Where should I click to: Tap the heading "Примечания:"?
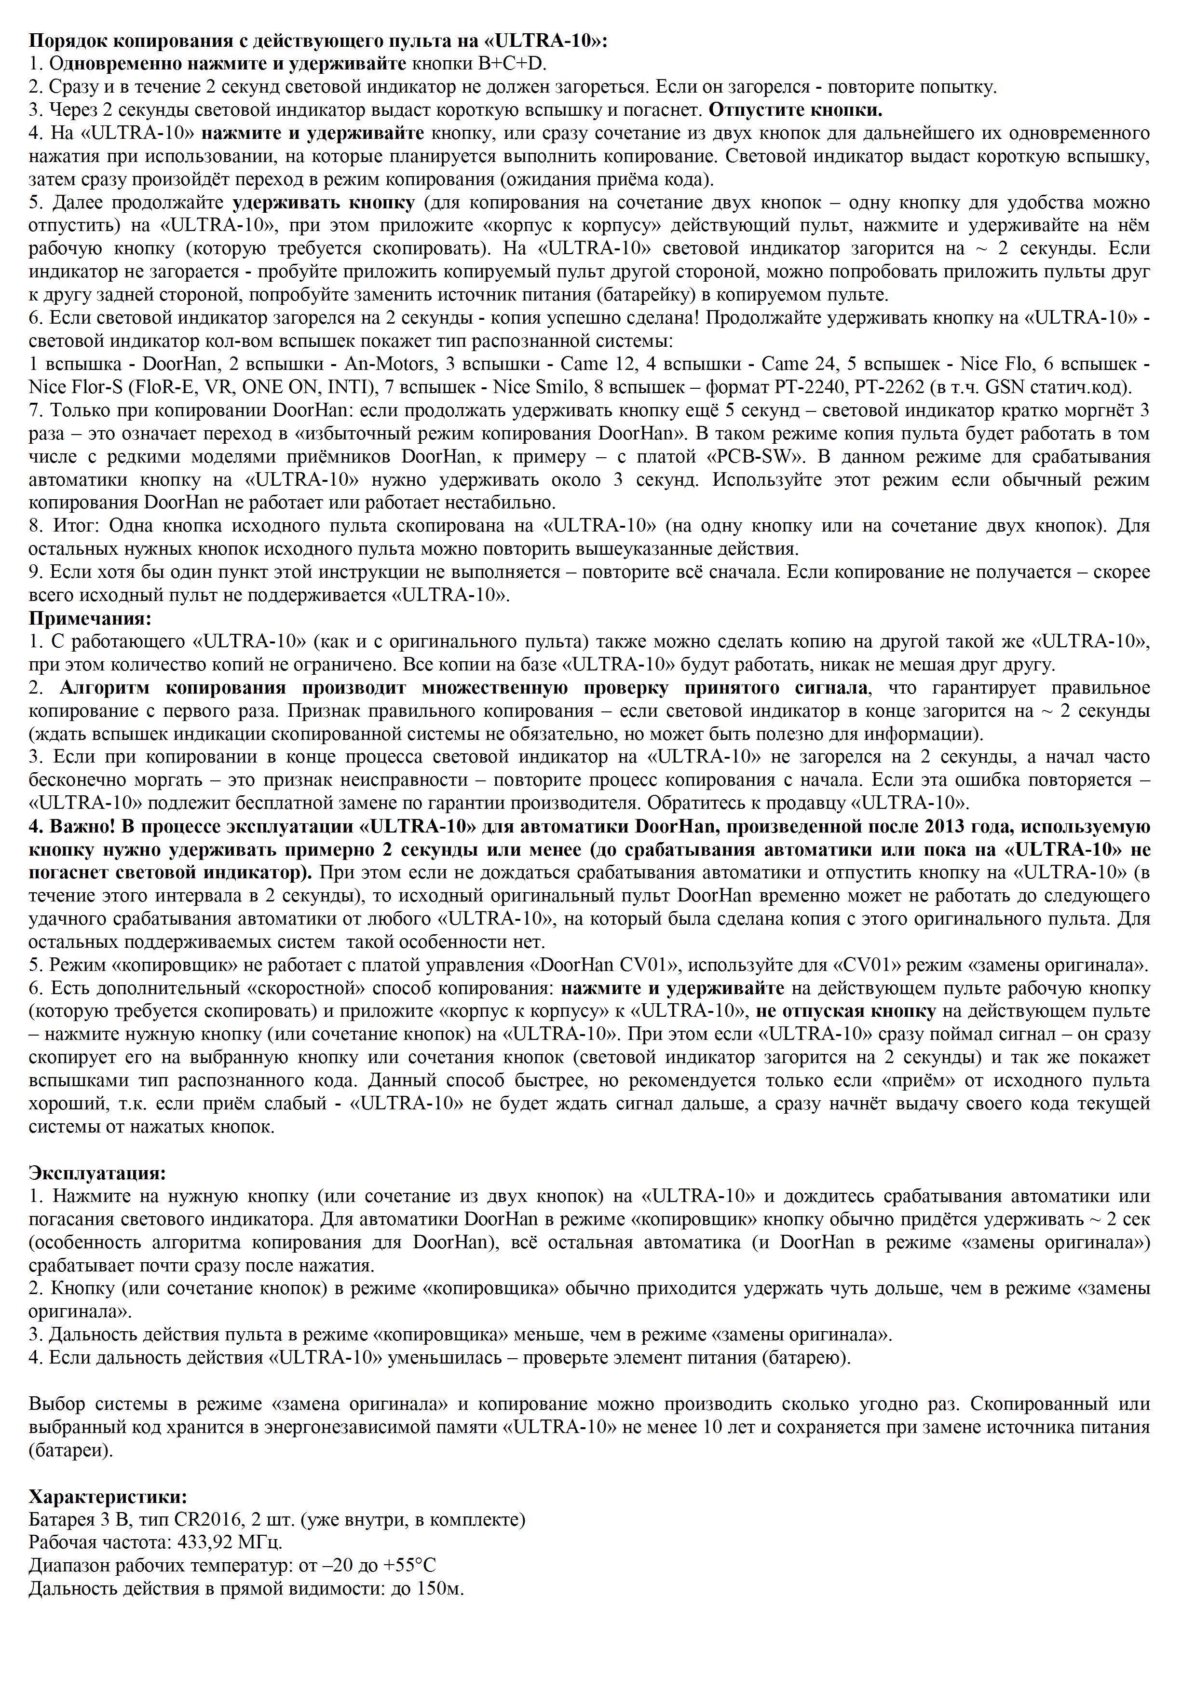point(89,617)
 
